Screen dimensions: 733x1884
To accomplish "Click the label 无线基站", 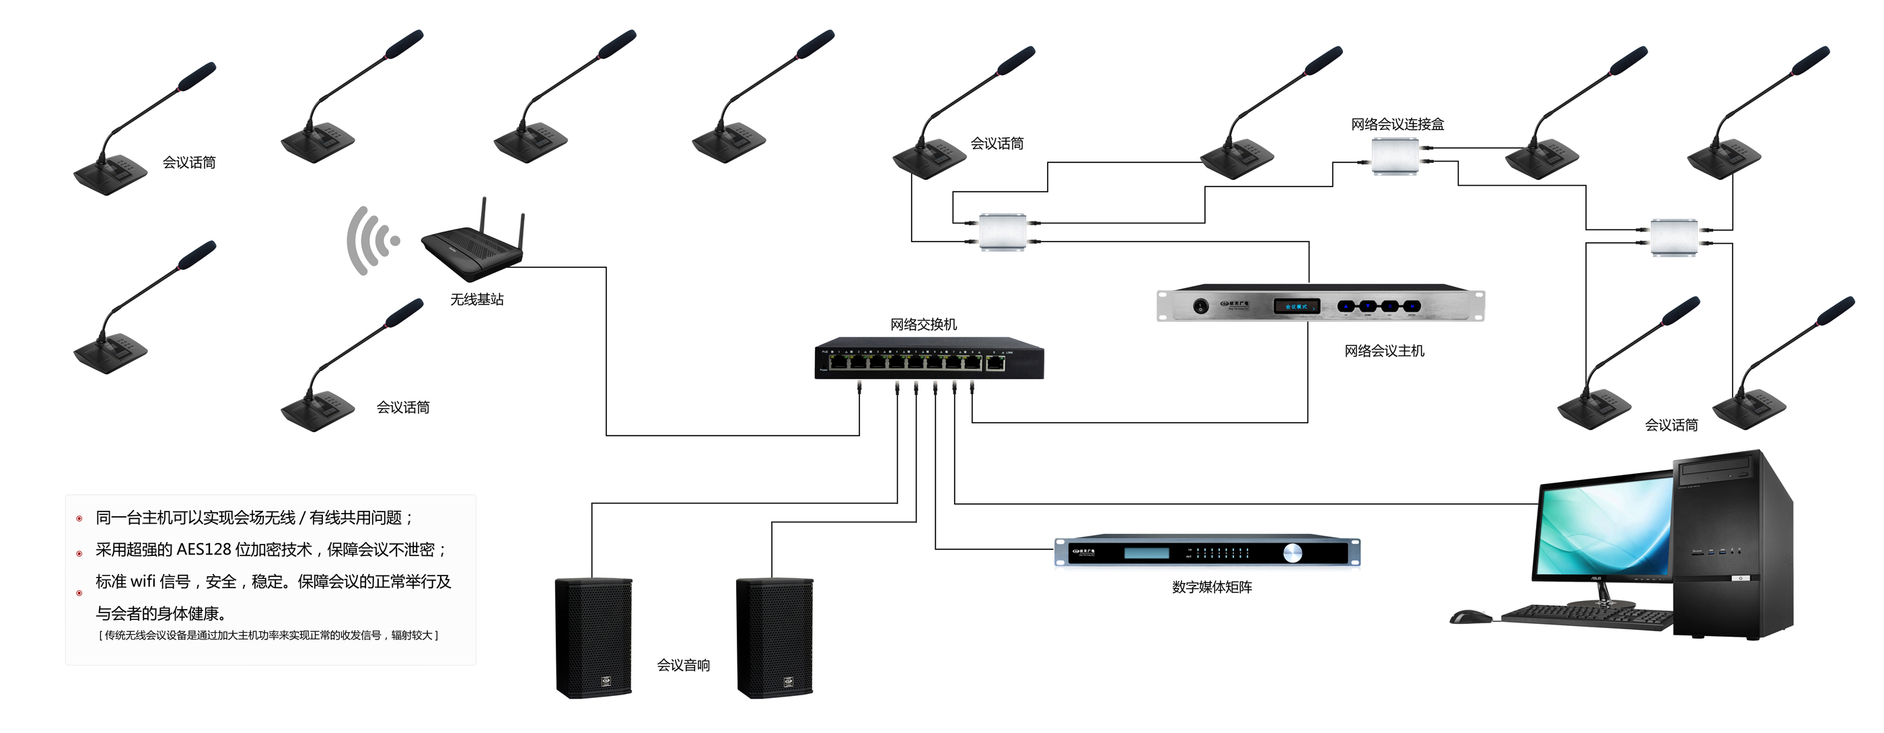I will point(477,300).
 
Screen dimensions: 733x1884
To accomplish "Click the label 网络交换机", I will point(923,324).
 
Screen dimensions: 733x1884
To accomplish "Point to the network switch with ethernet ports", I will point(929,359).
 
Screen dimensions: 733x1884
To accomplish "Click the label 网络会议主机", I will point(1384,351).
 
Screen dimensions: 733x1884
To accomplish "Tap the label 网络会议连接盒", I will point(1397,125).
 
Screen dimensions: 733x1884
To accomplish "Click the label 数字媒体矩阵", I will point(1211,587).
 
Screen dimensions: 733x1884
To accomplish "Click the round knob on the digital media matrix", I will point(1293,553).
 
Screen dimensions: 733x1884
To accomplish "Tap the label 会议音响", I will point(683,665).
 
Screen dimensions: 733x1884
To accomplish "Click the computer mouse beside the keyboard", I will point(1470,617).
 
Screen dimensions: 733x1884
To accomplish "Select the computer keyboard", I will point(1587,616).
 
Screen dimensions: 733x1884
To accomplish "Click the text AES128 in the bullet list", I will point(204,549).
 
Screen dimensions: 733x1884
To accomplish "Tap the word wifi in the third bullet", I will point(143,582).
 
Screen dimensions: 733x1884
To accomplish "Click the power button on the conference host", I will point(1200,306).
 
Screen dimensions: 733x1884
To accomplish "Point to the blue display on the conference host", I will point(1296,306).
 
